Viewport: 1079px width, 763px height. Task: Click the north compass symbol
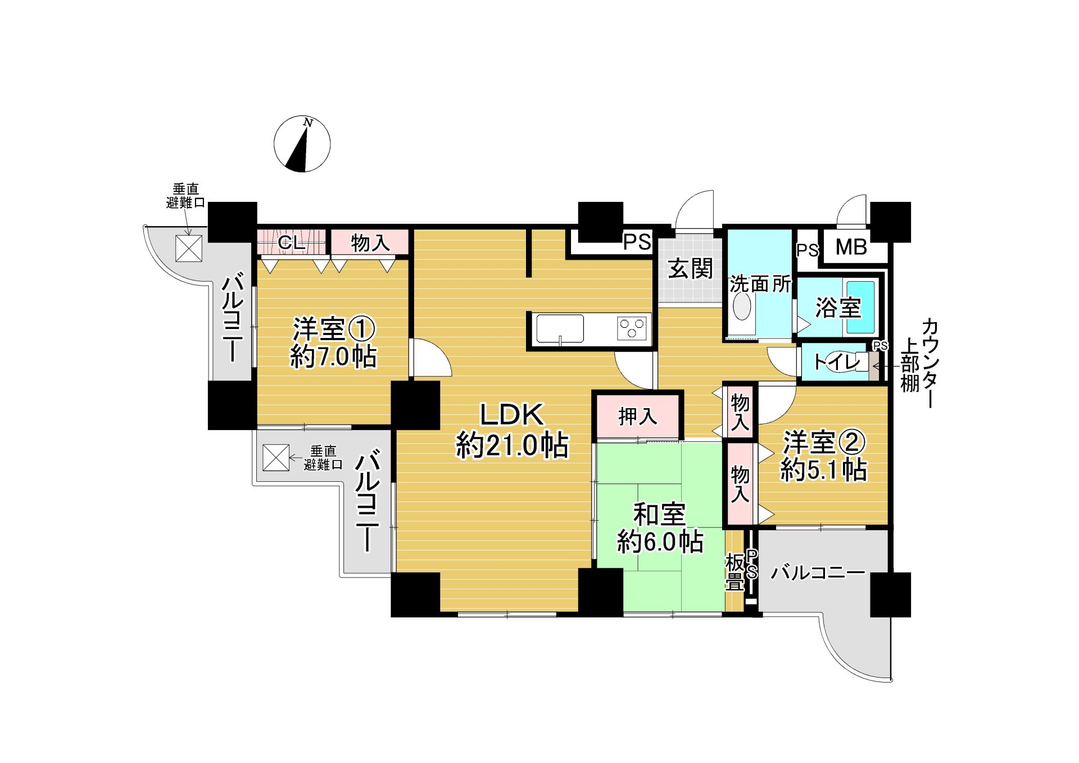click(302, 144)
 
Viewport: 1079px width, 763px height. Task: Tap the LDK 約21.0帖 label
click(511, 430)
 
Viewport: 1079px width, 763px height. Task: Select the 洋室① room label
click(333, 342)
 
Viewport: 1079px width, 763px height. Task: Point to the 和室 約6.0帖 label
click(660, 528)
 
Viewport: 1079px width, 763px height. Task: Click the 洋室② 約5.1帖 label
click(824, 456)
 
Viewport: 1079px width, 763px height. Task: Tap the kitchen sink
click(560, 329)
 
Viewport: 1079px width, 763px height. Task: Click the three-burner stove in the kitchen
click(632, 328)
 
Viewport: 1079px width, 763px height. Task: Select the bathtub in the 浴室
click(860, 307)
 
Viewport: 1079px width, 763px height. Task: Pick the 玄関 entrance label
click(690, 269)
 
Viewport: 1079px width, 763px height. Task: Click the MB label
click(851, 247)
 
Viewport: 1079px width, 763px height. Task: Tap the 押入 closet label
click(637, 417)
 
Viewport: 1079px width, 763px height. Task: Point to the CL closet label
click(291, 242)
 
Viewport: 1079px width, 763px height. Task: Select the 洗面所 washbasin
click(742, 308)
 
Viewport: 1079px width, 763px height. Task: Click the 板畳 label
click(735, 572)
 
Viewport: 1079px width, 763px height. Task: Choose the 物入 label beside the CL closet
click(370, 243)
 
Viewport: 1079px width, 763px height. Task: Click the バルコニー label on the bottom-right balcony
click(817, 573)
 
